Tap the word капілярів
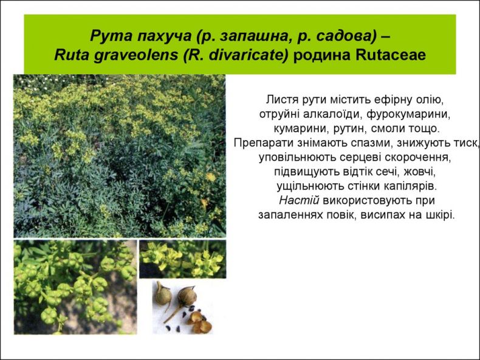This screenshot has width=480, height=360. coord(410,186)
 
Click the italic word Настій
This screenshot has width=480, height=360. coord(299,200)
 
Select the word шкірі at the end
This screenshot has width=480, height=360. coord(441,215)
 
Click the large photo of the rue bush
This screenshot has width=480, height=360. coord(120,156)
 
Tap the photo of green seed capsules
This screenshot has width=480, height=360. coord(75,287)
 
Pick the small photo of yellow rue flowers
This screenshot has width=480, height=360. coord(183,259)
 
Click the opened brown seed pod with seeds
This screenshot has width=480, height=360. coord(199,322)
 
